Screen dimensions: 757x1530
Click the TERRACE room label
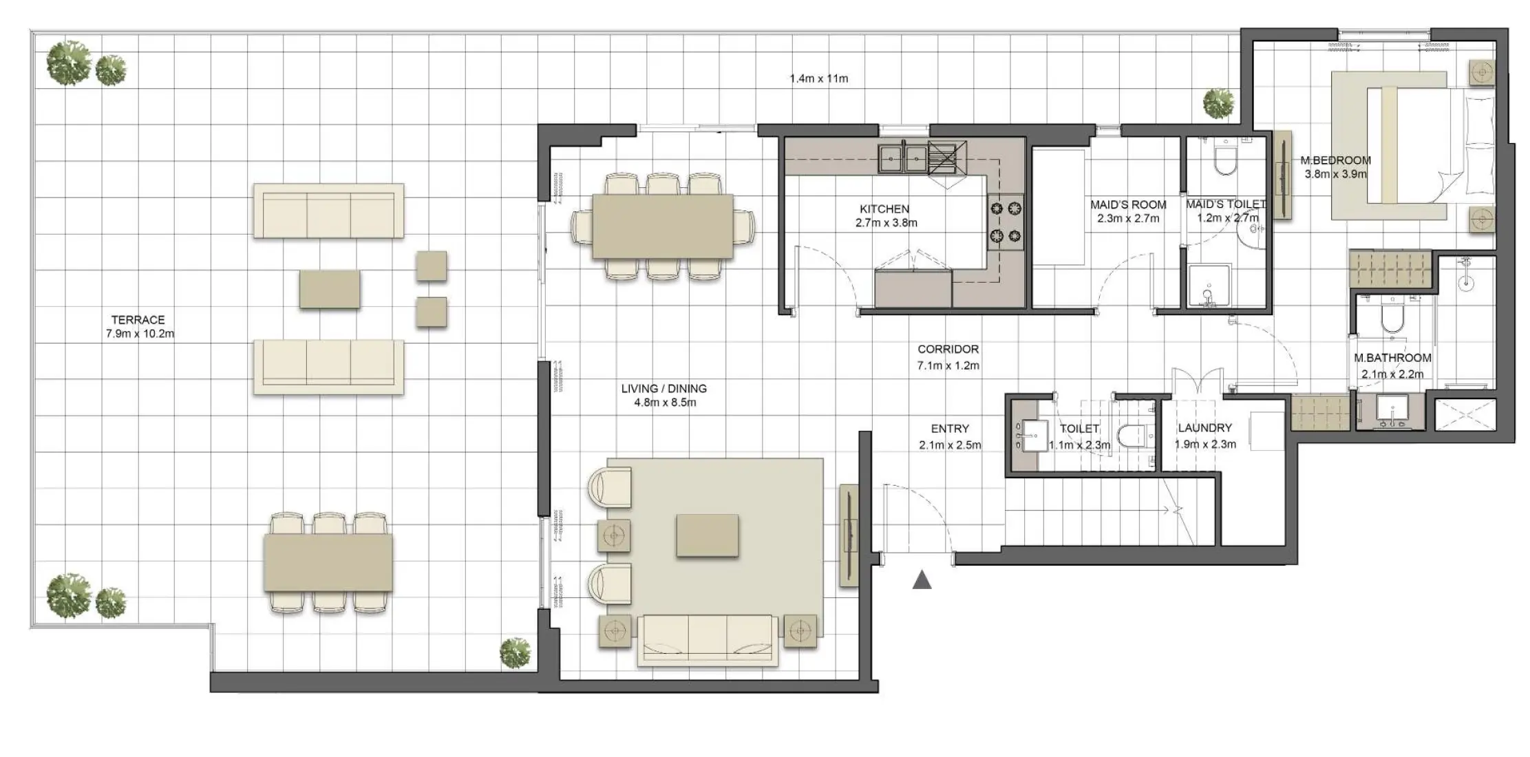138,320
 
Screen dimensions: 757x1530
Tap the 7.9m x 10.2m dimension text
140,334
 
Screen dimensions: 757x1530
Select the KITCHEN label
884,209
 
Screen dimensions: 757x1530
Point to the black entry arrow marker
922,581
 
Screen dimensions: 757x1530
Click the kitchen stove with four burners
1006,222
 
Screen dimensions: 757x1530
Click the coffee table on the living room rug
708,535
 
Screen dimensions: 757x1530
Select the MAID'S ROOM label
1128,205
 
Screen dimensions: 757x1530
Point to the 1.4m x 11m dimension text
819,78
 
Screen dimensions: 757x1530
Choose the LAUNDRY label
1204,427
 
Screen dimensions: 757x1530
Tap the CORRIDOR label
948,350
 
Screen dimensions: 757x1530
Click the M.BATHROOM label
1392,358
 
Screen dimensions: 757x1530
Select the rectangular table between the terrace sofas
330,289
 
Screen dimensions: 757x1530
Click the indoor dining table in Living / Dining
662,226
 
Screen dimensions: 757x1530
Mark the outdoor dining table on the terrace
328,563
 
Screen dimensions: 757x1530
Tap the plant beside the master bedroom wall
1218,104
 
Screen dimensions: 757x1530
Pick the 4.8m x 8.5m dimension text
665,403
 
